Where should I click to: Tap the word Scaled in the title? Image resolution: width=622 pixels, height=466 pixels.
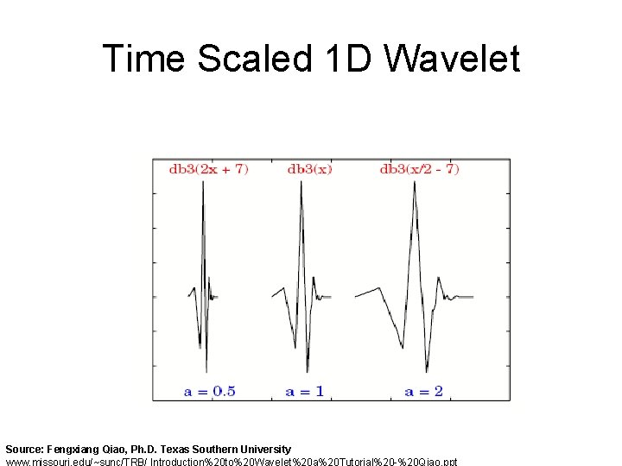pyautogui.click(x=254, y=59)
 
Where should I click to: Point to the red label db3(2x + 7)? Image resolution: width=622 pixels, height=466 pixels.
pyautogui.click(x=208, y=169)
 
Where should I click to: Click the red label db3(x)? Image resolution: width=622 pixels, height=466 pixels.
pyautogui.click(x=309, y=169)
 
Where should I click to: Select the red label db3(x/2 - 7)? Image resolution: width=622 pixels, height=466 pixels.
pyautogui.click(x=419, y=169)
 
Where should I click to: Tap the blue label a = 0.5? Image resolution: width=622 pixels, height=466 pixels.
pyautogui.click(x=209, y=391)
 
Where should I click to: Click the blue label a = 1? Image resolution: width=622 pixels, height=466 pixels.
pyautogui.click(x=305, y=391)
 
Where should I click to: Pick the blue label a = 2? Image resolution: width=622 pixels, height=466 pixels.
pyautogui.click(x=423, y=391)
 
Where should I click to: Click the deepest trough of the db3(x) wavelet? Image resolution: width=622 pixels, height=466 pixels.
pyautogui.click(x=308, y=371)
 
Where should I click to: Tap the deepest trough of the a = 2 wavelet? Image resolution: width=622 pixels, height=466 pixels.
pyautogui.click(x=427, y=372)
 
